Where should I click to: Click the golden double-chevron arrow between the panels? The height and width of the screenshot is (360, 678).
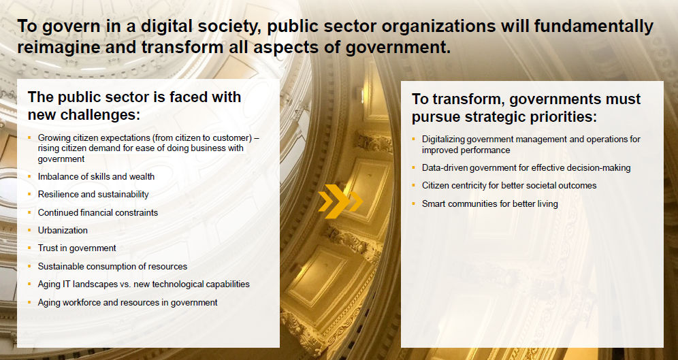[x=340, y=201]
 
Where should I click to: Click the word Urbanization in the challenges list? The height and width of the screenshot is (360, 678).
[x=63, y=230]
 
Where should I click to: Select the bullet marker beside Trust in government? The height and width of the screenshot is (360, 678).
[x=29, y=248]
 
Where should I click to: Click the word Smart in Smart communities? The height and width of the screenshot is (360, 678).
[x=434, y=203]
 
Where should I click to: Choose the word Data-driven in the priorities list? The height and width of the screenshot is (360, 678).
[x=445, y=167]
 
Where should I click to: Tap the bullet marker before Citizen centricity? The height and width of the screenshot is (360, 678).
[x=413, y=185]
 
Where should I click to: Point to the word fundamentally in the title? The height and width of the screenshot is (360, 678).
[x=594, y=27]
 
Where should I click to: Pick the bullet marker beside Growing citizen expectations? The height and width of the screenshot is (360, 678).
[x=29, y=137]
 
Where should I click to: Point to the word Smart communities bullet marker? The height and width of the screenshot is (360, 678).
[x=413, y=203]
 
